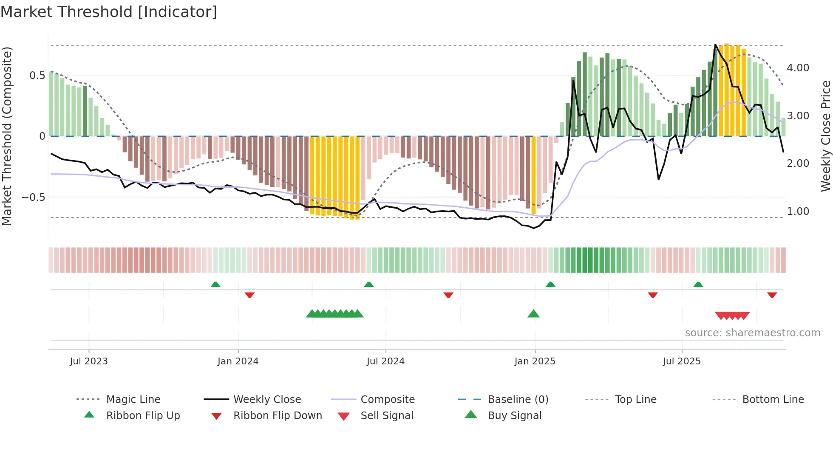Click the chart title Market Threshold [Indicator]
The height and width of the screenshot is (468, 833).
pyautogui.click(x=109, y=12)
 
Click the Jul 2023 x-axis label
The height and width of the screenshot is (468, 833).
pyautogui.click(x=88, y=361)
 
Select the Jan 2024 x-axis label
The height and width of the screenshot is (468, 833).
pyautogui.click(x=238, y=361)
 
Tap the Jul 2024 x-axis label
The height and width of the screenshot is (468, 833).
pyautogui.click(x=385, y=361)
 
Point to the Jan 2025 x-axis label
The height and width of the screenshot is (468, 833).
pyautogui.click(x=535, y=361)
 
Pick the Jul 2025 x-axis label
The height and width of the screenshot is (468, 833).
pyautogui.click(x=682, y=361)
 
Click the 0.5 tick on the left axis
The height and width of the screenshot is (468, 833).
pyautogui.click(x=37, y=76)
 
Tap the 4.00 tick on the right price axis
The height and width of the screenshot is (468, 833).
pyautogui.click(x=798, y=68)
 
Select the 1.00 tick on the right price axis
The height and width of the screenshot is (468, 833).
pyautogui.click(x=798, y=211)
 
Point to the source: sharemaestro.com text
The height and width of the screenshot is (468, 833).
pyautogui.click(x=752, y=333)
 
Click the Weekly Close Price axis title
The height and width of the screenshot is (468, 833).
pyautogui.click(x=825, y=136)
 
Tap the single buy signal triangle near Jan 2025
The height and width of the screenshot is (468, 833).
pyautogui.click(x=533, y=314)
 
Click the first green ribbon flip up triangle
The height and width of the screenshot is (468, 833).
pyautogui.click(x=215, y=285)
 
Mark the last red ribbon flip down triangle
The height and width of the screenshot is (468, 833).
pyautogui.click(x=772, y=295)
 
